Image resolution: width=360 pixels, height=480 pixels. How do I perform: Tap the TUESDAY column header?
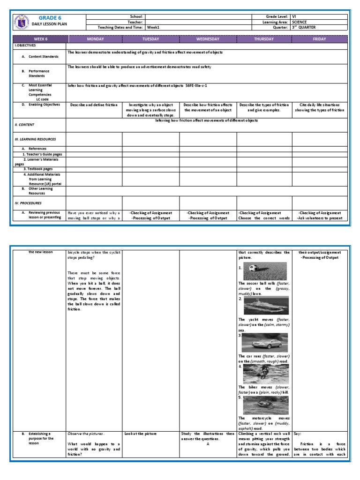click(151, 39)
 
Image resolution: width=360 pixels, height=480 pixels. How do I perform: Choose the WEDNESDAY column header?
click(208, 39)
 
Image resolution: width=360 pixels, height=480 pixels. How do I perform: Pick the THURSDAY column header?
click(264, 39)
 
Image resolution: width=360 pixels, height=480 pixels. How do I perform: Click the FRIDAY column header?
click(320, 39)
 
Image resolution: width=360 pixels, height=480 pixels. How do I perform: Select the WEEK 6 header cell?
click(40, 39)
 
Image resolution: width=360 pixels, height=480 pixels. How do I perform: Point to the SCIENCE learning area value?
click(301, 22)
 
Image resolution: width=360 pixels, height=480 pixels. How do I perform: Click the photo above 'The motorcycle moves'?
click(266, 405)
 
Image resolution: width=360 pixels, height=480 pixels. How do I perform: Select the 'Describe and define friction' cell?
click(94, 105)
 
